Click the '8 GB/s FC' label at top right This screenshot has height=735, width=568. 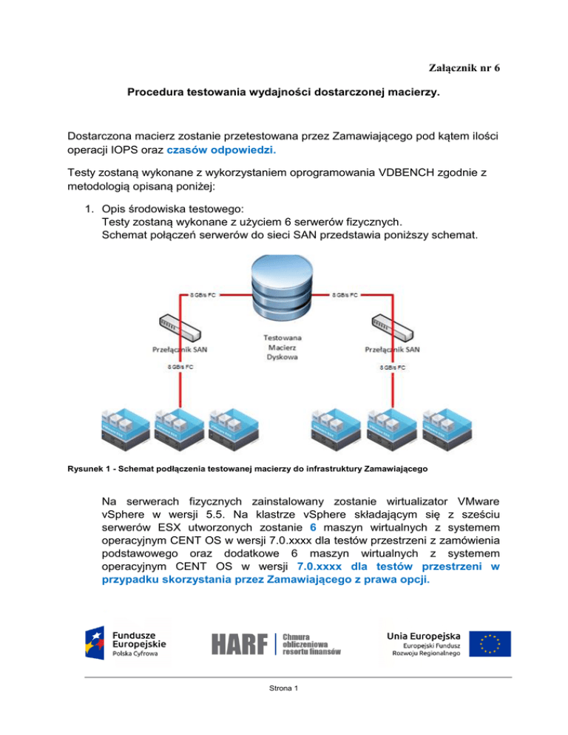pyautogui.click(x=344, y=294)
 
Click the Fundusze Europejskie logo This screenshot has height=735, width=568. pyautogui.click(x=126, y=641)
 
